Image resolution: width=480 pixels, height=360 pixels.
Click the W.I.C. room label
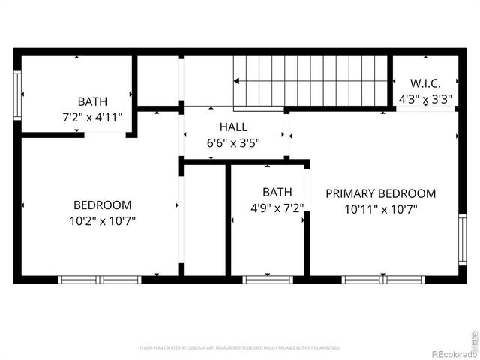point(424,82)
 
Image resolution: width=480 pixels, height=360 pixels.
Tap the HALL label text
point(233,127)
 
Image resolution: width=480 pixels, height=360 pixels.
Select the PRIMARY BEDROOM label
point(380,193)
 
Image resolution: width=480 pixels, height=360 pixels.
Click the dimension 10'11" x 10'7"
point(380,210)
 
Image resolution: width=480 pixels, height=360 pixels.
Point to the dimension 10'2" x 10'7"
point(102,220)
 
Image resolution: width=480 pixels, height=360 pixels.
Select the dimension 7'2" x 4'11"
point(92,117)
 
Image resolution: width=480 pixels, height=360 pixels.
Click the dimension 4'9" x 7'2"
point(277,208)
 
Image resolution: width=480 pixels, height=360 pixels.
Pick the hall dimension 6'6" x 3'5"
point(233,142)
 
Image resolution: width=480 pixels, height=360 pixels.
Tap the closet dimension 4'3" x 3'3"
point(424,98)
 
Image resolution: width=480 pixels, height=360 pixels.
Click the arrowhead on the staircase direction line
point(238,79)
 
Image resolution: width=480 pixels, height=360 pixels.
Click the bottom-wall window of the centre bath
point(268,280)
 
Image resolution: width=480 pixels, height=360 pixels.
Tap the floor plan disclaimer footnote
point(239,348)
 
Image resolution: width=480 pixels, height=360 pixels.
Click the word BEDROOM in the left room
point(102,205)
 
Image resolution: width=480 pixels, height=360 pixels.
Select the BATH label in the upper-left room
point(92,101)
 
